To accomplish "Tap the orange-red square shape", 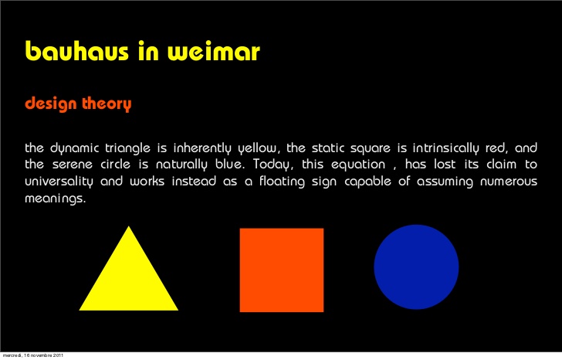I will coord(282,270).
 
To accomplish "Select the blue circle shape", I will coord(416,267).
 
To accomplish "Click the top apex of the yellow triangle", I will coord(129,227).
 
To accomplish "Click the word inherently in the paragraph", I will coord(205,148).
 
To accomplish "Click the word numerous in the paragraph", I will coord(502,182).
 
